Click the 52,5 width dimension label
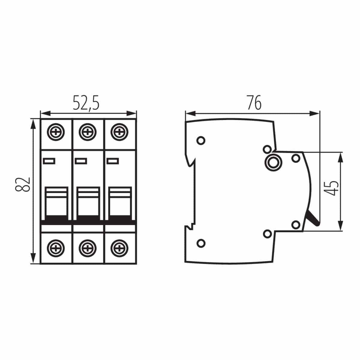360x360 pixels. click(86, 103)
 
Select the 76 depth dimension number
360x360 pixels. click(254, 103)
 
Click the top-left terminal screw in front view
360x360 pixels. click(56, 132)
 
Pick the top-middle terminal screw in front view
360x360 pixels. click(88, 132)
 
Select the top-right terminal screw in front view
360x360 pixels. click(119, 132)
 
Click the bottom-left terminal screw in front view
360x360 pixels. click(56, 248)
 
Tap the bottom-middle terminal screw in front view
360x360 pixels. click(88, 248)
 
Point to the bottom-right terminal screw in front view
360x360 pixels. click(119, 248)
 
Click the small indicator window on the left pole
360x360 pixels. click(49, 161)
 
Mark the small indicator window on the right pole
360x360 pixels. click(113, 161)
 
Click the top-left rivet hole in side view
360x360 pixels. click(201, 140)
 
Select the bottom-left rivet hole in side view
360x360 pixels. click(201, 243)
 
